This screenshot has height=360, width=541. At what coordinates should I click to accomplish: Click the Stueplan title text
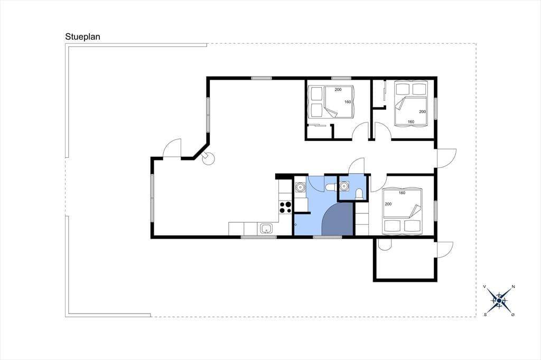pyautogui.click(x=83, y=37)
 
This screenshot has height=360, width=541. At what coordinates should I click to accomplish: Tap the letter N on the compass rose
pyautogui.click(x=513, y=287)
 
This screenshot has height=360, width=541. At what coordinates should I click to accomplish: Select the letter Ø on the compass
pyautogui.click(x=512, y=315)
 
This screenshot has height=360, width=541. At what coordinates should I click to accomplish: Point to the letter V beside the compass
pyautogui.click(x=485, y=287)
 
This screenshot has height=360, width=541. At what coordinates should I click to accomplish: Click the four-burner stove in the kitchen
pyautogui.click(x=285, y=207)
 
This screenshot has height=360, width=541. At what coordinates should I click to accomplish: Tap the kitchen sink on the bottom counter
pyautogui.click(x=266, y=229)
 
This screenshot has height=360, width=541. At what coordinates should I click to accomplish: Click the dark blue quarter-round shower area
pyautogui.click(x=338, y=219)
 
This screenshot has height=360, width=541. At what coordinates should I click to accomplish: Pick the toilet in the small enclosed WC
pyautogui.click(x=359, y=194)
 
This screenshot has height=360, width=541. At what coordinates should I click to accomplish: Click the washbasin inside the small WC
pyautogui.click(x=343, y=186)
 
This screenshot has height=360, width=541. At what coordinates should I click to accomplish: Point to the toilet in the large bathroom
pyautogui.click(x=331, y=187)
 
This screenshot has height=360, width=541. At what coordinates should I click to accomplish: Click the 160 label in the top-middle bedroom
pyautogui.click(x=348, y=102)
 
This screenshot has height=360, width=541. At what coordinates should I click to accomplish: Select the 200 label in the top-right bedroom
pyautogui.click(x=422, y=112)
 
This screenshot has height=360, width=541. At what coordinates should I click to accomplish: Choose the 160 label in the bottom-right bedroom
pyautogui.click(x=402, y=193)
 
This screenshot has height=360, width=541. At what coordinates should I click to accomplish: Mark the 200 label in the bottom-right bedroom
pyautogui.click(x=388, y=204)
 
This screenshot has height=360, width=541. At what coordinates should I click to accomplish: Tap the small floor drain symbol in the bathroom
pyautogui.click(x=296, y=224)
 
